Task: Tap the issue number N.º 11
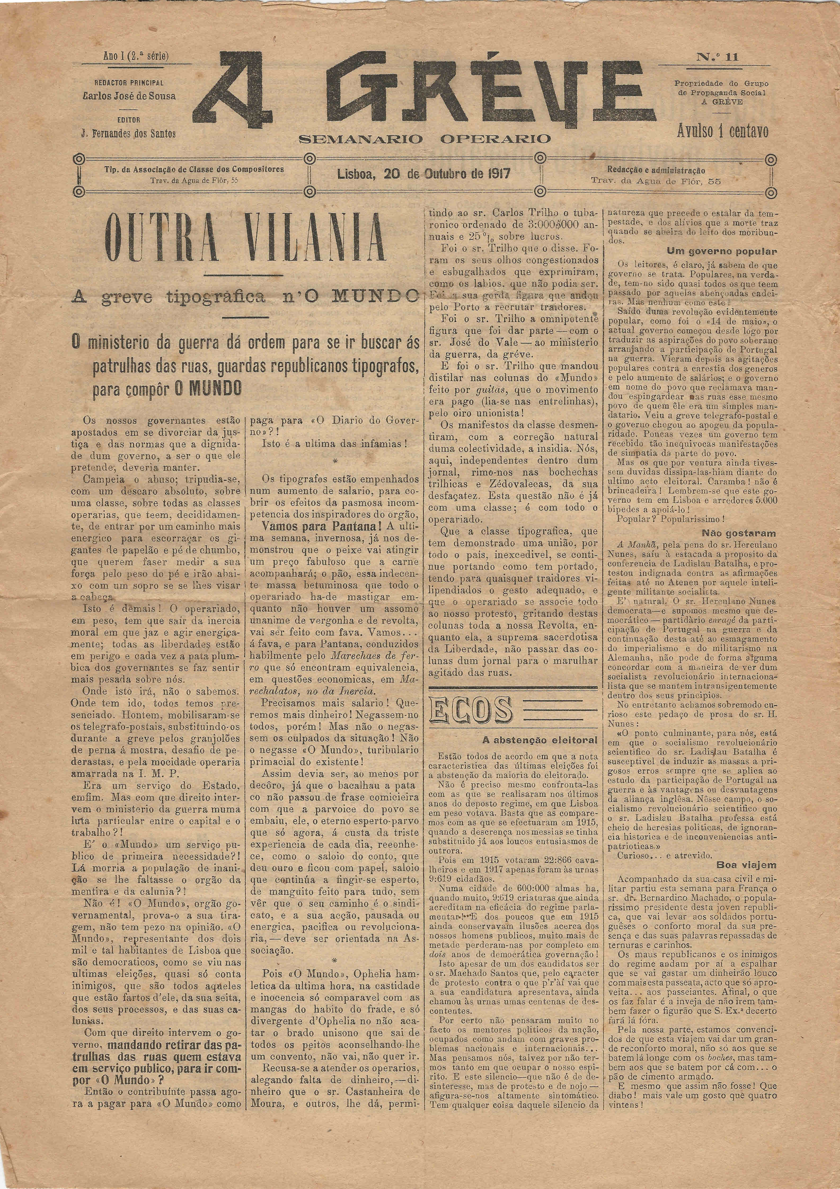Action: click(x=717, y=57)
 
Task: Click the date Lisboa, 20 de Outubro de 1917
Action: click(x=424, y=174)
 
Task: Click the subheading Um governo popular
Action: click(x=721, y=252)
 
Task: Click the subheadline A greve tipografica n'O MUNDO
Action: click(x=245, y=297)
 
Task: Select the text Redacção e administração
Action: click(x=656, y=170)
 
